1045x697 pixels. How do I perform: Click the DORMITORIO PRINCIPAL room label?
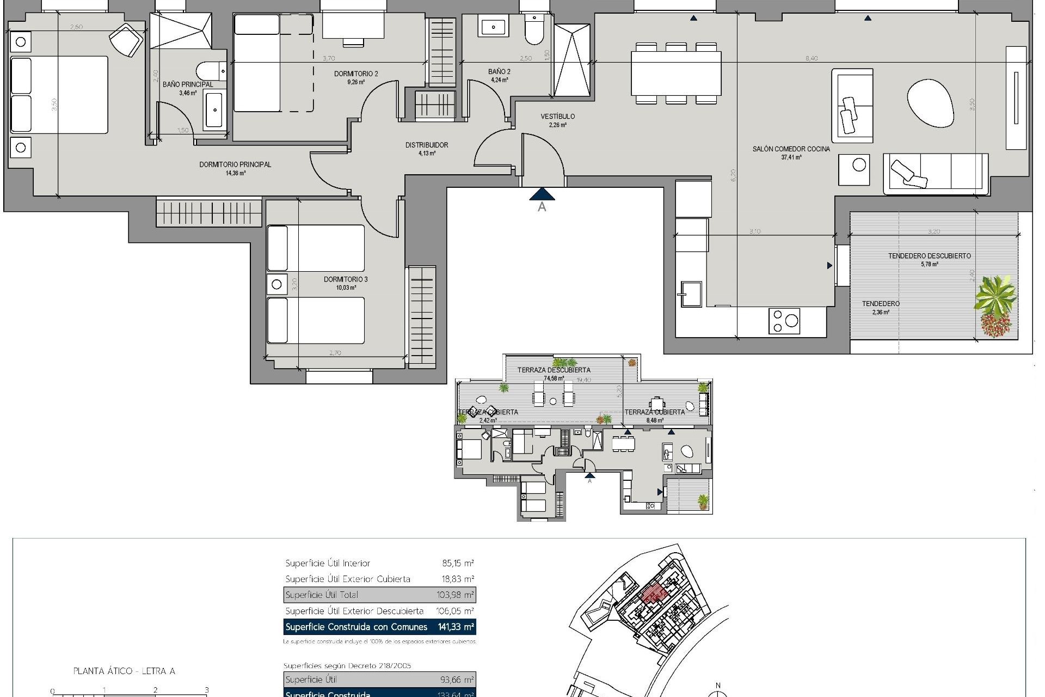[235, 164]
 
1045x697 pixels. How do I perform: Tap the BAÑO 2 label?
[499, 72]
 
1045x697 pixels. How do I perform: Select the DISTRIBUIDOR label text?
[427, 145]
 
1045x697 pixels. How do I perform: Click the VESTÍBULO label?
[558, 117]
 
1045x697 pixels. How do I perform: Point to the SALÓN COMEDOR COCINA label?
[791, 149]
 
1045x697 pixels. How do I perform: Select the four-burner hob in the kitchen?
[784, 321]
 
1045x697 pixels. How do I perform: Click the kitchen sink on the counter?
[690, 295]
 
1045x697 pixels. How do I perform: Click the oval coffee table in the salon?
[930, 103]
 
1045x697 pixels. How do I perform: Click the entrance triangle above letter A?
[542, 194]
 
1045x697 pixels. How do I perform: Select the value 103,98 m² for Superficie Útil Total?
[455, 595]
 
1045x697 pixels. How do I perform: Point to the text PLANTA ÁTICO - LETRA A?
[124, 671]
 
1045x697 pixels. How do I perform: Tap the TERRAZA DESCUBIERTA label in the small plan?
[554, 370]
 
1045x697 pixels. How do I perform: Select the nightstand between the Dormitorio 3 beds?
[276, 284]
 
